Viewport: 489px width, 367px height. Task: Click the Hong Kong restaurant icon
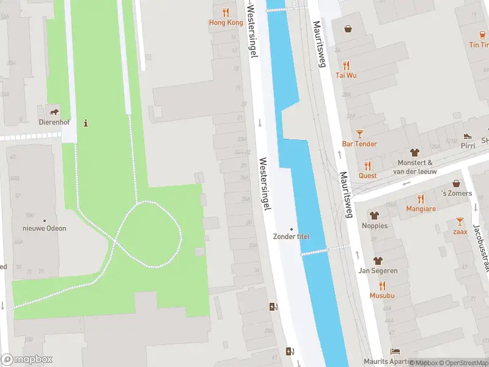point(226,12)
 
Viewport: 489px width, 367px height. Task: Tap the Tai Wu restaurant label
point(346,75)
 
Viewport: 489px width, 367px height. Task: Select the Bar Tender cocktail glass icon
point(359,133)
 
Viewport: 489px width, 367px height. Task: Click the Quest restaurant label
point(367,176)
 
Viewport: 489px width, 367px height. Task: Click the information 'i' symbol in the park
point(86,122)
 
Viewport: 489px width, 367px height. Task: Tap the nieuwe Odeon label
point(44,228)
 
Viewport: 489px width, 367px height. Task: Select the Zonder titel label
point(291,237)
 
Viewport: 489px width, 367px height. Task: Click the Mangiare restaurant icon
point(421,198)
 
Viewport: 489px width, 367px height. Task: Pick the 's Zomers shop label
point(457,193)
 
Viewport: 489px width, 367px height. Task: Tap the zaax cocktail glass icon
point(460,221)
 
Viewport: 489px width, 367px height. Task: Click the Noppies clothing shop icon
point(374,215)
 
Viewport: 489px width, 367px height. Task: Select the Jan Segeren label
point(378,270)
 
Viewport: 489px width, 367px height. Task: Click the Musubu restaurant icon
point(382,286)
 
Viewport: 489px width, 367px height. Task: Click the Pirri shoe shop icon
point(468,136)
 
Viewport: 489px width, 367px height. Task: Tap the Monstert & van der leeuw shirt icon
point(415,152)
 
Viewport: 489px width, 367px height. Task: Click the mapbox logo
point(27,360)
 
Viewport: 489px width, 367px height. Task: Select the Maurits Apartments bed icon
point(395,352)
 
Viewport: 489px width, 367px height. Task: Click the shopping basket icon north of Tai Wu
point(348,28)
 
